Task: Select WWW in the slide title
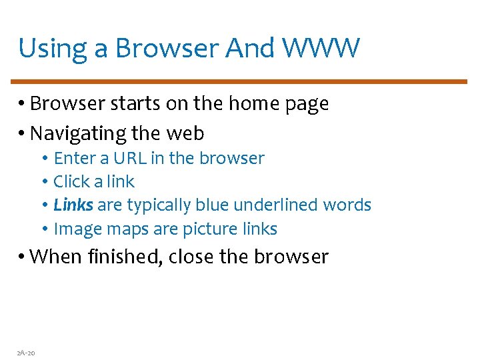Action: point(321,48)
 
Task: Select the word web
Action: point(185,133)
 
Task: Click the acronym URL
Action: point(129,159)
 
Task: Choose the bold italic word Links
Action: point(73,205)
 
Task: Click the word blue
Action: point(213,205)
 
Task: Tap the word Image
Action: point(74,229)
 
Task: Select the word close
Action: point(193,257)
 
